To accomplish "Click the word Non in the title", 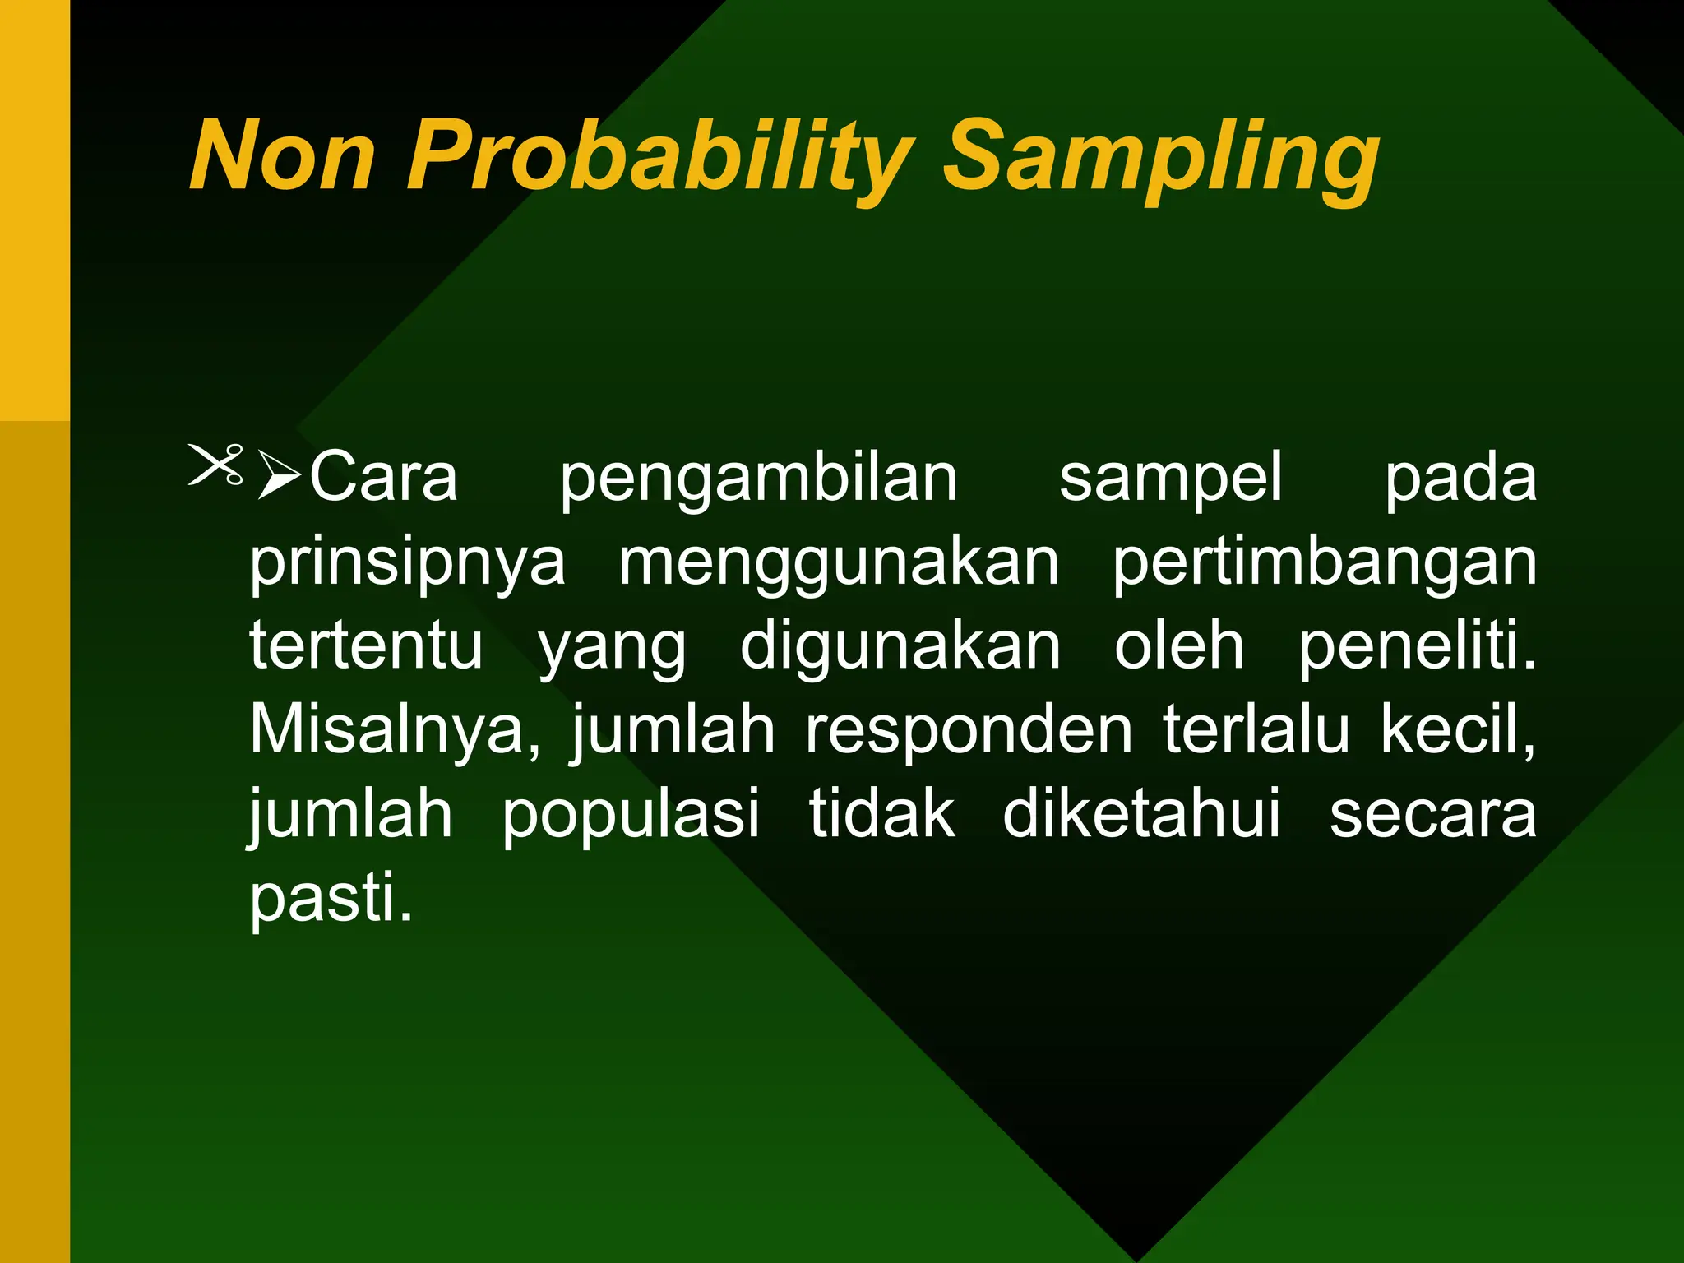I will [x=282, y=156].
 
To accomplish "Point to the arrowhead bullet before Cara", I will [x=280, y=474].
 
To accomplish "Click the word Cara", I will [x=383, y=477].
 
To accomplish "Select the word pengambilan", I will [x=758, y=480].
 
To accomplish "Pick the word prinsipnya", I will [x=408, y=566].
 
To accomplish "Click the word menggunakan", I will [x=839, y=566].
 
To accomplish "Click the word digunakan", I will [x=900, y=649].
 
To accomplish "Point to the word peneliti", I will [x=1416, y=649].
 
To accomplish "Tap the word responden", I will [x=969, y=732].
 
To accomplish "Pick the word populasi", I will [x=631, y=817].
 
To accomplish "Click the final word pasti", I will [x=330, y=900].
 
